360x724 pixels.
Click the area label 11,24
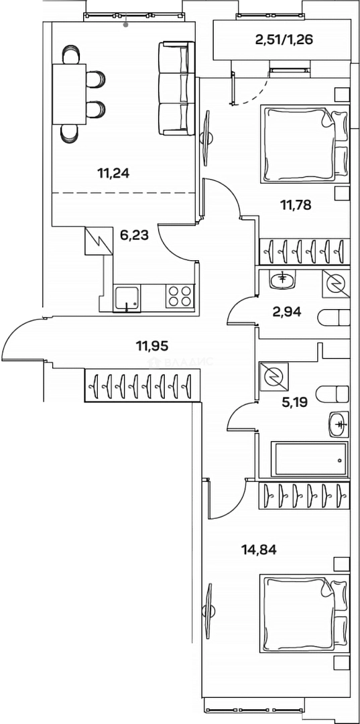pyautogui.click(x=113, y=174)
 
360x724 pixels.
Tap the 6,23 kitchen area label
pyautogui.click(x=134, y=235)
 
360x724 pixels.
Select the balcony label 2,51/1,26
pyautogui.click(x=284, y=40)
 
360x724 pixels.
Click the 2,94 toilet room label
pyautogui.click(x=287, y=312)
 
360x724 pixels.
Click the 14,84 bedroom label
pyautogui.click(x=259, y=550)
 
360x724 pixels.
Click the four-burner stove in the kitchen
pyautogui.click(x=180, y=296)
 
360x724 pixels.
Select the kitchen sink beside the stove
pyautogui.click(x=127, y=298)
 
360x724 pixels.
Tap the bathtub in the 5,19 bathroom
pyautogui.click(x=309, y=459)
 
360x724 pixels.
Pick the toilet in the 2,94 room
pyautogui.click(x=333, y=318)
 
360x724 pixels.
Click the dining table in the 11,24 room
pyautogui.click(x=69, y=95)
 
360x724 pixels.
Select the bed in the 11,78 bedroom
pyautogui.click(x=304, y=143)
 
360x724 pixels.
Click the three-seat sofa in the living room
pyautogui.click(x=176, y=88)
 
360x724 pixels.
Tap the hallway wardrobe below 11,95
pyautogui.click(x=142, y=384)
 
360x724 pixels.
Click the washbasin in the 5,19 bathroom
pyautogui.click(x=339, y=424)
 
